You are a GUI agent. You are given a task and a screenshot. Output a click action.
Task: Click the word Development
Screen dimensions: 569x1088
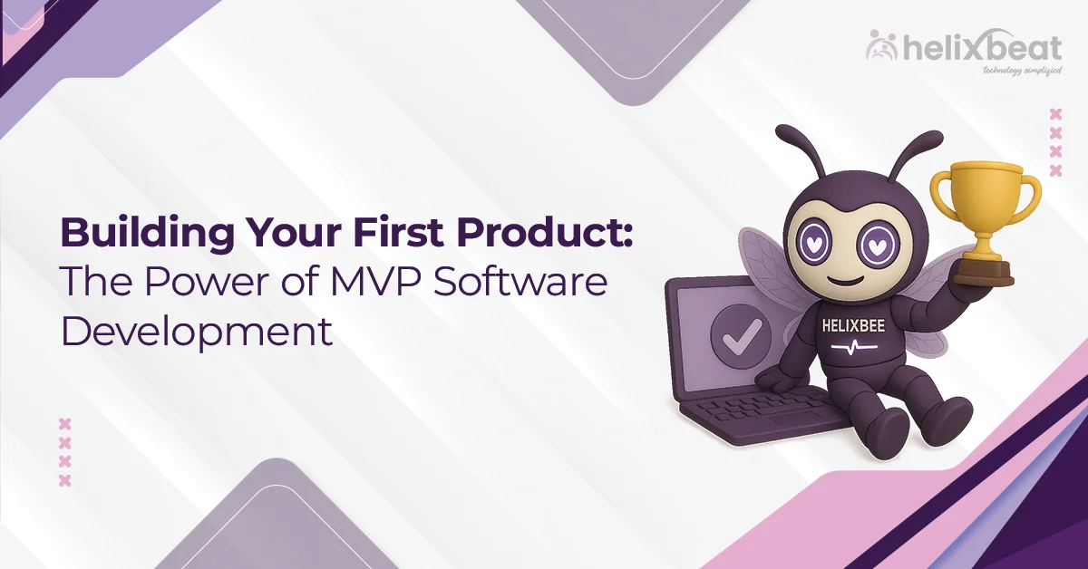(x=196, y=331)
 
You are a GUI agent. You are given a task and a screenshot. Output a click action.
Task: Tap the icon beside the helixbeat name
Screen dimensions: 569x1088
(x=880, y=45)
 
